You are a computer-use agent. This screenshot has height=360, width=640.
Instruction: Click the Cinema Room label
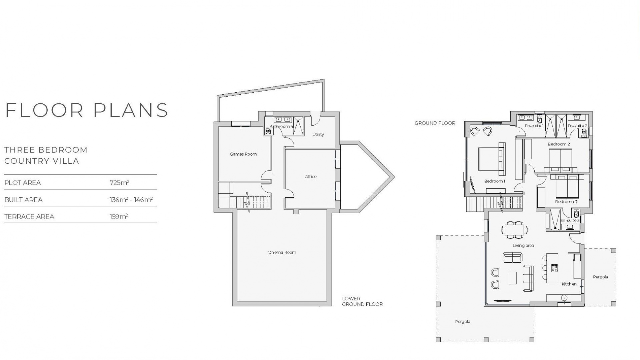[x=282, y=252]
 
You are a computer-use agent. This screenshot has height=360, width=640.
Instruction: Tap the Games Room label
[x=243, y=154]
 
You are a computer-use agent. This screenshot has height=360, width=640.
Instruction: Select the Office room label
[x=310, y=177]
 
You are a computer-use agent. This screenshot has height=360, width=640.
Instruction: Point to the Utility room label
[x=318, y=134]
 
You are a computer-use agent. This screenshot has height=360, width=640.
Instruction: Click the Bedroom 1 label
[x=495, y=181]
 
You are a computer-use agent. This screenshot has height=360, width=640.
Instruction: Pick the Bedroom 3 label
[x=566, y=202]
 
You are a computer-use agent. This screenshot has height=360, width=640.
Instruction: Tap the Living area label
[x=523, y=246]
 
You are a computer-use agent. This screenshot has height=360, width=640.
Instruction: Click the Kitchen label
[x=569, y=284]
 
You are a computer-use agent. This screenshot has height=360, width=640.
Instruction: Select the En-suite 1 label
[x=534, y=126]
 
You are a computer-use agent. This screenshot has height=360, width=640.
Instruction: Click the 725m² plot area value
[x=119, y=183]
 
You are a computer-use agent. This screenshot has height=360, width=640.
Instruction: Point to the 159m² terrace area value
[x=119, y=216]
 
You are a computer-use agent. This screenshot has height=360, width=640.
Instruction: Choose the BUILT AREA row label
[x=23, y=200]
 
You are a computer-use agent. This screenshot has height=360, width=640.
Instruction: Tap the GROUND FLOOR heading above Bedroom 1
[x=435, y=123]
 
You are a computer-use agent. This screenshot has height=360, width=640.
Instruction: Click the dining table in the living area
[x=515, y=230]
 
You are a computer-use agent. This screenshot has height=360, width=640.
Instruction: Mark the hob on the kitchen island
[x=554, y=268]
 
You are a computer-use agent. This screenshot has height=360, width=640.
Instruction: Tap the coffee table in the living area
[x=512, y=278]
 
